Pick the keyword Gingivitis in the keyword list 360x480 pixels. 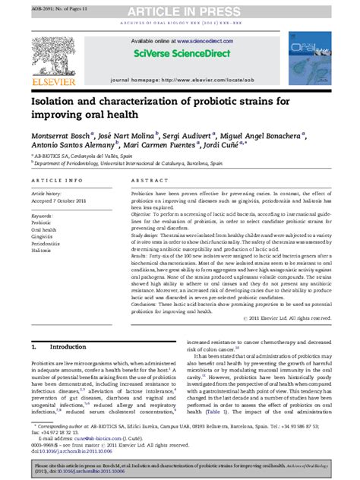point(43,236)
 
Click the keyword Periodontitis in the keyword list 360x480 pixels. point(46,243)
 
